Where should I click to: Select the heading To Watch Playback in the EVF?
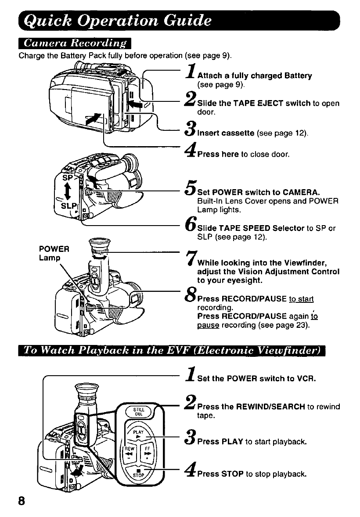click(x=172, y=351)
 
